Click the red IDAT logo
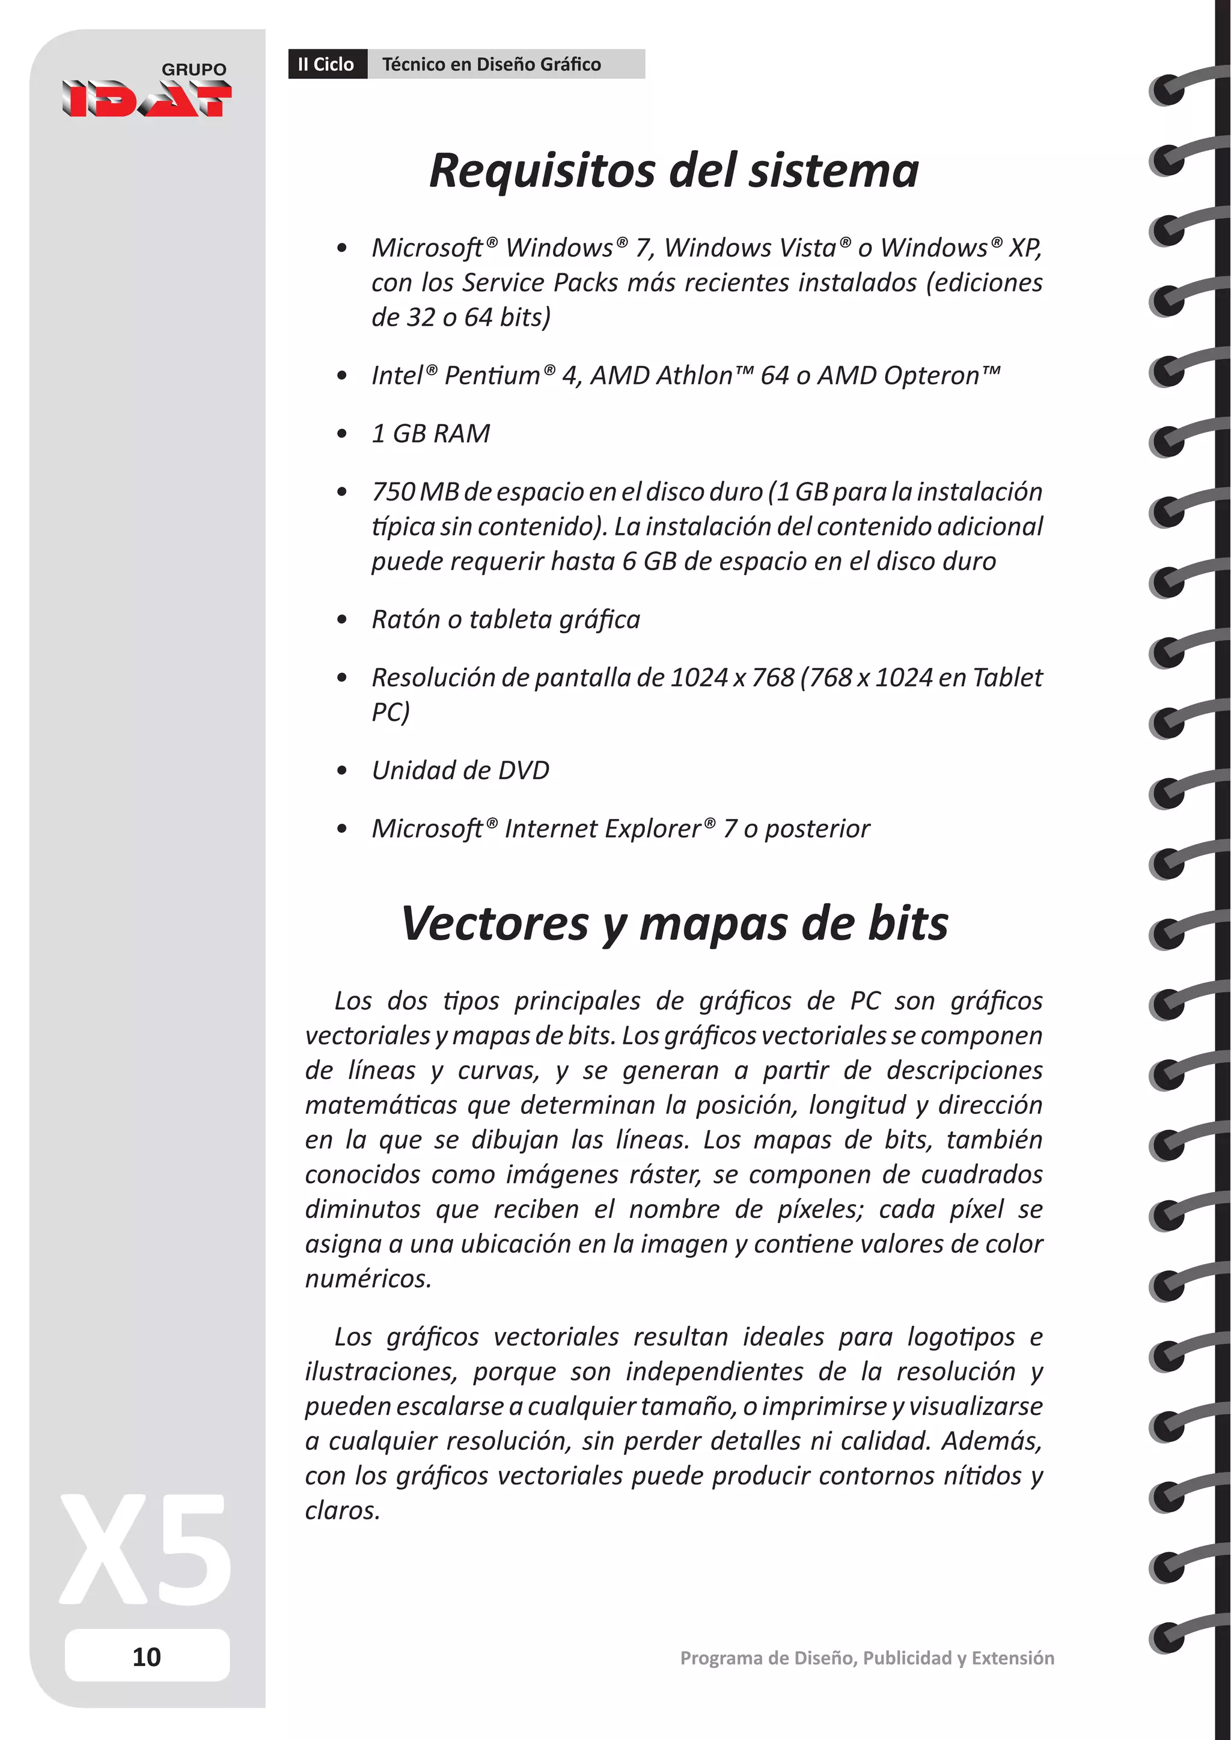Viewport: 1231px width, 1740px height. (x=146, y=99)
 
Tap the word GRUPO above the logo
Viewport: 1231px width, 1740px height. (x=194, y=69)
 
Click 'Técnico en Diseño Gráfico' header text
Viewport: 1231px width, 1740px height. (x=491, y=64)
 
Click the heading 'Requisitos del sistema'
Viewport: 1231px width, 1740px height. (x=673, y=171)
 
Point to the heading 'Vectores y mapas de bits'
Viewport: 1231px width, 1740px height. (x=673, y=924)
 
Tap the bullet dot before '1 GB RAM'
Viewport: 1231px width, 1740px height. (x=342, y=434)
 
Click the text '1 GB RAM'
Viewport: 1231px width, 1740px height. (x=430, y=433)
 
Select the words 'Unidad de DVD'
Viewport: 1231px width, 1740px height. (x=460, y=770)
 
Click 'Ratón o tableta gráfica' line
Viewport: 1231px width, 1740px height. (x=506, y=619)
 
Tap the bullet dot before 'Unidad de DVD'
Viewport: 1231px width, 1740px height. (x=342, y=771)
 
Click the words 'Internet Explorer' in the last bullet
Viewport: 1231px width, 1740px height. (x=603, y=829)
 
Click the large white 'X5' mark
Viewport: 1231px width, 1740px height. (x=146, y=1549)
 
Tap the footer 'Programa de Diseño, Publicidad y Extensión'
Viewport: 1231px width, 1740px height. (x=866, y=1658)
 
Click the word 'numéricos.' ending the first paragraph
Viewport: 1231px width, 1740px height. (x=368, y=1279)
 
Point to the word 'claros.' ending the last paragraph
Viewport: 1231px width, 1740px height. (x=343, y=1510)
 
